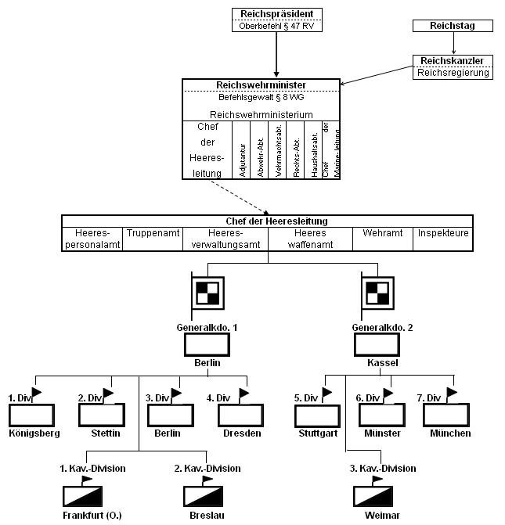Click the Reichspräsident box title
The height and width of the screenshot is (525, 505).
(277, 13)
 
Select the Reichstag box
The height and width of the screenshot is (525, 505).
(454, 26)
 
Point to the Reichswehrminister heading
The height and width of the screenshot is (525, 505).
(261, 85)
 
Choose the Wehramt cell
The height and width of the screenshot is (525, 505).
(383, 233)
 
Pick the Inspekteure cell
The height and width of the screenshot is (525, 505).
(443, 233)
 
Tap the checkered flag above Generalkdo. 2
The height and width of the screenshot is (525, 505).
(377, 293)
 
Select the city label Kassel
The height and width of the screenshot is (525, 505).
(377, 364)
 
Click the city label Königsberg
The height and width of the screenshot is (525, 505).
(32, 433)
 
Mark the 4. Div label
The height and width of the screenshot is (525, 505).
(221, 398)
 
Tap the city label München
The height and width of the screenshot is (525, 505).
(449, 433)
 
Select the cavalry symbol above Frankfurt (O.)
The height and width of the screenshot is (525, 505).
(84, 495)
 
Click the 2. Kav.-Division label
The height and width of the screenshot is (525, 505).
(207, 468)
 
